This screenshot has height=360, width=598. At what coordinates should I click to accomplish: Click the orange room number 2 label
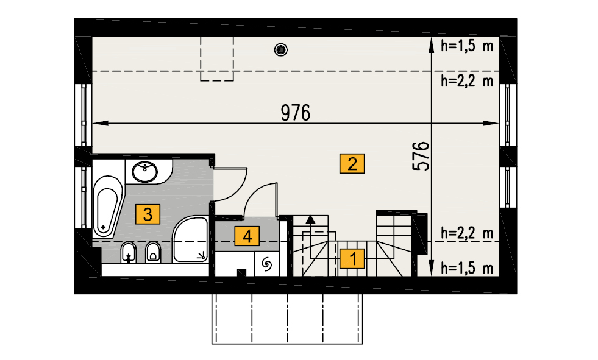click(352, 163)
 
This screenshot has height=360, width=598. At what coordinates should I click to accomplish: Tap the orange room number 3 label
click(148, 214)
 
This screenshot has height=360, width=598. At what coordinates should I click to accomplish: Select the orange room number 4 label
click(247, 236)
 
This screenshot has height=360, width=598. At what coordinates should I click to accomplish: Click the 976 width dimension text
click(296, 113)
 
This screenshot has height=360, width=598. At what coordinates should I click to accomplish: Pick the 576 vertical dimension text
click(421, 156)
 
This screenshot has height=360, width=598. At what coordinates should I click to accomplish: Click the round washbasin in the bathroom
click(145, 172)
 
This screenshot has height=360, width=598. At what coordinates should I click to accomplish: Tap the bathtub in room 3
click(108, 206)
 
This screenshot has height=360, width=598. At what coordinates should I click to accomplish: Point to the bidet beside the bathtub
click(129, 252)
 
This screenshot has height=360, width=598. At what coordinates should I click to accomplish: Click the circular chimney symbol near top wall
click(280, 49)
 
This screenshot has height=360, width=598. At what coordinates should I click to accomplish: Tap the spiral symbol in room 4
click(266, 264)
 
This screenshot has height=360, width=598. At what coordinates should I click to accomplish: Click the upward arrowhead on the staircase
click(311, 219)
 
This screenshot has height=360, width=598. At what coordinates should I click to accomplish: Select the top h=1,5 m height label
click(467, 46)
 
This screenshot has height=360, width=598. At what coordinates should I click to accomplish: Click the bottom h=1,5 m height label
click(467, 268)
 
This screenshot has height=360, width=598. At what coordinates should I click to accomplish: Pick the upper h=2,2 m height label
click(467, 81)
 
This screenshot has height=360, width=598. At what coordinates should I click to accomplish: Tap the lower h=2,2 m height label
click(467, 233)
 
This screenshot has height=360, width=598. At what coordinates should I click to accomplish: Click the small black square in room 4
click(241, 272)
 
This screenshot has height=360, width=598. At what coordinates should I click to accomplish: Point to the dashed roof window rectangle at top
click(217, 58)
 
